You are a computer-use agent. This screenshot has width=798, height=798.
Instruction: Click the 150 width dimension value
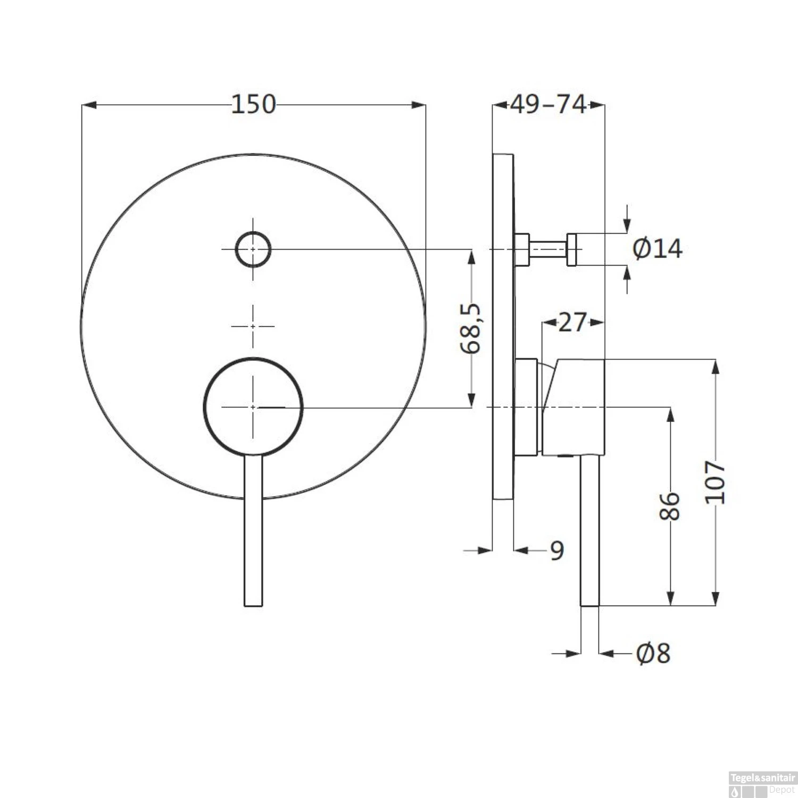tap(253, 104)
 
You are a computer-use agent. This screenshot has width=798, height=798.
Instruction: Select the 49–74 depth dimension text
tap(548, 104)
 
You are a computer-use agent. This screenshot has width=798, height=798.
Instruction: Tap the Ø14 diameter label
tap(658, 248)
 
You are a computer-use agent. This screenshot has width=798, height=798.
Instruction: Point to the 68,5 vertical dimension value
tap(471, 328)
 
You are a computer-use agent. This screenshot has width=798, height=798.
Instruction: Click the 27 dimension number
tap(572, 322)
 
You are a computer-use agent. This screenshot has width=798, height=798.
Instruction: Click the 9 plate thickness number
tap(556, 551)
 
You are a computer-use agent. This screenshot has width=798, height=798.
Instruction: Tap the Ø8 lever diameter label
tap(653, 653)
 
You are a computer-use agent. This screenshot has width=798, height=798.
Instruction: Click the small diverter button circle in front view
tap(253, 249)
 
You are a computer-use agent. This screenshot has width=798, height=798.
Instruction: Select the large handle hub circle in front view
tap(253, 407)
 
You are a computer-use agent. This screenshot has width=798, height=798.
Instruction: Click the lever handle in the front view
tap(253, 532)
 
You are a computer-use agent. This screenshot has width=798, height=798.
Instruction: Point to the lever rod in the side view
tap(589, 532)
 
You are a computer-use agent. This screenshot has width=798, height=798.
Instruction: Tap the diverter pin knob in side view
tap(572, 249)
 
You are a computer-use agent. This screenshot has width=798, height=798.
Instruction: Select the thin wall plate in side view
tap(503, 327)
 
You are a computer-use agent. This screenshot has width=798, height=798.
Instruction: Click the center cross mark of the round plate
tap(253, 326)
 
